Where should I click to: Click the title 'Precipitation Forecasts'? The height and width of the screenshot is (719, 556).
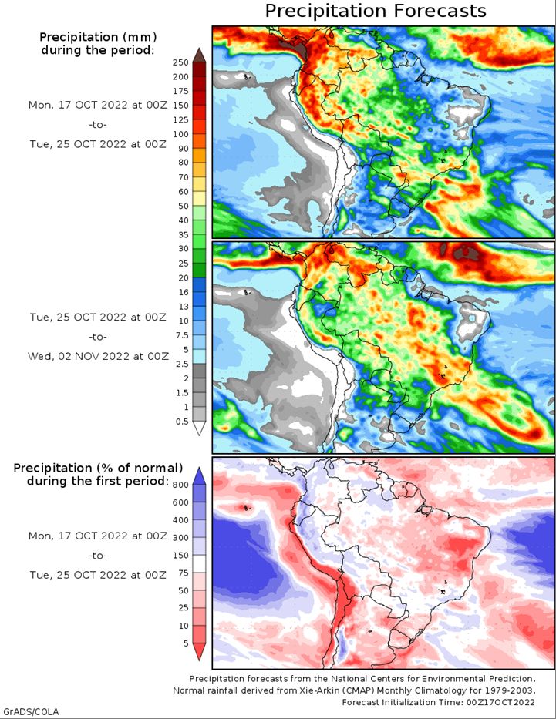click(376, 11)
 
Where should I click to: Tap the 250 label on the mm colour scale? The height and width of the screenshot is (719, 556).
click(180, 62)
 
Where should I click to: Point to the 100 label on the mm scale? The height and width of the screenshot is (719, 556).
click(180, 134)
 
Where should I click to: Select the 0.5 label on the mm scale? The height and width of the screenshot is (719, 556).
click(182, 422)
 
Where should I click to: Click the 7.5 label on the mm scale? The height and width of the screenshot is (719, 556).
click(183, 335)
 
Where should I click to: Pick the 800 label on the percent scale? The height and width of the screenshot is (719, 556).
click(180, 485)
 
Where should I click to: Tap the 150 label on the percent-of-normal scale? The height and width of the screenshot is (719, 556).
click(180, 556)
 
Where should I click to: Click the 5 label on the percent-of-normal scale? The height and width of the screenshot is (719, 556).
click(187, 643)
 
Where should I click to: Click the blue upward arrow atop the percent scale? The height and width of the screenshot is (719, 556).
click(199, 475)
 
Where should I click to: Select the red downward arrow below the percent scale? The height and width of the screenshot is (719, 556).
click(199, 652)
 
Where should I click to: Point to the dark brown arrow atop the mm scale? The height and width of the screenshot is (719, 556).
click(199, 55)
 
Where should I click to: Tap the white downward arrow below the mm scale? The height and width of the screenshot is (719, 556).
click(199, 428)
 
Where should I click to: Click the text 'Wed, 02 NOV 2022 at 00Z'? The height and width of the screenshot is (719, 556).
click(98, 356)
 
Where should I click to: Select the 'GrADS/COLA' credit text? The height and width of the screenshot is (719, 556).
click(30, 711)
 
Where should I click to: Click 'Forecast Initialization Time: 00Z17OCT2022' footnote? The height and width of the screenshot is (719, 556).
click(438, 702)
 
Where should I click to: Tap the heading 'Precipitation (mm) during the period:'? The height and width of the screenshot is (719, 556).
click(98, 43)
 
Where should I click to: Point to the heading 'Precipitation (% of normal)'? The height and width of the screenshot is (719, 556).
click(98, 469)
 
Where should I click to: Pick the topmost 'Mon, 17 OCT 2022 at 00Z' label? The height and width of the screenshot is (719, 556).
click(98, 105)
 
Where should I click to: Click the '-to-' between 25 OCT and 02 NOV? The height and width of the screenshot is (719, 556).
click(98, 337)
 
